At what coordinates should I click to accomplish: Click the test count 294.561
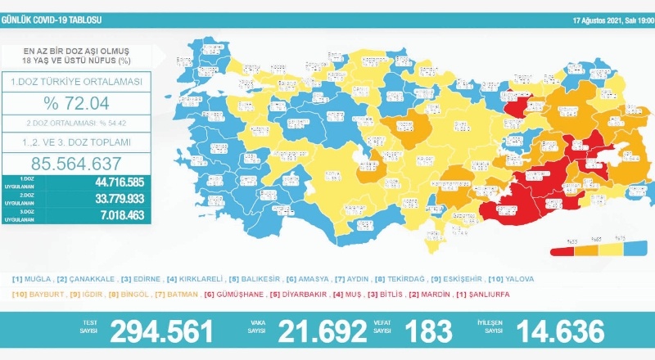(162, 331)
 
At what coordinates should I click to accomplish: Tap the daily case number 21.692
(322, 331)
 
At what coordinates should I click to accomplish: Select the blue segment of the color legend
(630, 246)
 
